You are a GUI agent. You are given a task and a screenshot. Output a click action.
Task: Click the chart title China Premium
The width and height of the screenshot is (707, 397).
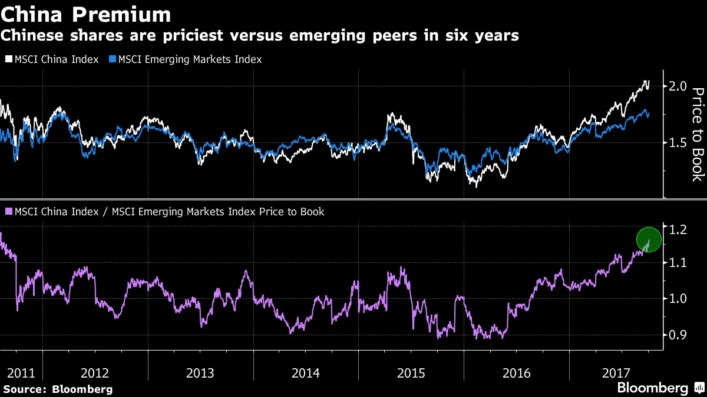coord(86,14)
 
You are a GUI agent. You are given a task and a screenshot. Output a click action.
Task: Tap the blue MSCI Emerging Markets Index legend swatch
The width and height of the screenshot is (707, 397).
coord(113,59)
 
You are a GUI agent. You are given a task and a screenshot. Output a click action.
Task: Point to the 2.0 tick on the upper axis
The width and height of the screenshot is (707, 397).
coord(678,86)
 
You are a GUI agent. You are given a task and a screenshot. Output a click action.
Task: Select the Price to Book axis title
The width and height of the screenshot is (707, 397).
coord(698,134)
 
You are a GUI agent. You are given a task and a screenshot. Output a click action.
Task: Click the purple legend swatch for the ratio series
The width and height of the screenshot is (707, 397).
coord(8,212)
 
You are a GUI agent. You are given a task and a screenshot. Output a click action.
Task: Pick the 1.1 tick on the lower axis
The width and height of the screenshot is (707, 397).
coord(678,263)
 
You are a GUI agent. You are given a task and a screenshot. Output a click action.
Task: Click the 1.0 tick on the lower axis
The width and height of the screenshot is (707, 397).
coord(678,299)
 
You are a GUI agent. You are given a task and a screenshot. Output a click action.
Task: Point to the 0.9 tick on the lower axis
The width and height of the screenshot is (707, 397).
coord(678,335)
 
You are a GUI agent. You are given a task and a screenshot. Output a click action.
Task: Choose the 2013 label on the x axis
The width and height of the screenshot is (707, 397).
coord(200,373)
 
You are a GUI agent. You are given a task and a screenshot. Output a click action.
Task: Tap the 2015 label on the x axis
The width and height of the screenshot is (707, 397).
coord(411,373)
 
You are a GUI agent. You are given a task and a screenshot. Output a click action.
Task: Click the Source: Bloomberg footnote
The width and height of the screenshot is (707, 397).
coord(58,389)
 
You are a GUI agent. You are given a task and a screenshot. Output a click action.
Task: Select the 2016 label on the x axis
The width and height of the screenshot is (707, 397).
coord(516,373)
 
